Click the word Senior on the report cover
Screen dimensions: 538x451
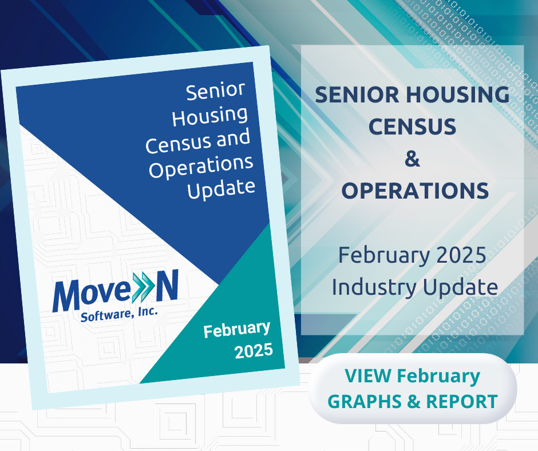[x=215, y=92]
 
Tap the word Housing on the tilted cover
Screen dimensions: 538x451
[x=209, y=117]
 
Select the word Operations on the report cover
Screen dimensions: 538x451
[x=201, y=167]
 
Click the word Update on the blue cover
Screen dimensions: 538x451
[x=221, y=189]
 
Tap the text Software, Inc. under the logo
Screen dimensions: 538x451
[x=119, y=314]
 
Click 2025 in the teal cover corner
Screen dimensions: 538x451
[x=254, y=351]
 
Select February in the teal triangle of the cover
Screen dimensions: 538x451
[x=237, y=330]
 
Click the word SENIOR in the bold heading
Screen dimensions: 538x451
[x=357, y=94]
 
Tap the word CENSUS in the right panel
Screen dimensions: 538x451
[x=413, y=126]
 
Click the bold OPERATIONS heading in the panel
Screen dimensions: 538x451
[x=415, y=191]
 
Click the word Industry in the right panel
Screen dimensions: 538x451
[x=374, y=287]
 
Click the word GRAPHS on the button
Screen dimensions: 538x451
[x=365, y=401]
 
